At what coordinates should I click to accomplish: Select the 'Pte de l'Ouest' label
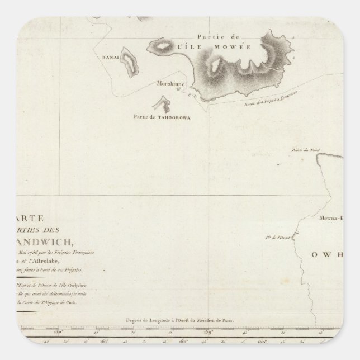pos(273,237)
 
